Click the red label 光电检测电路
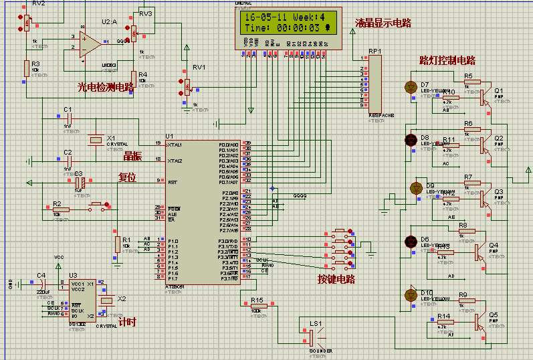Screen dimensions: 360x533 pyautogui.click(x=106, y=86)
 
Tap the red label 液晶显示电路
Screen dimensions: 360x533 pyautogui.click(x=383, y=23)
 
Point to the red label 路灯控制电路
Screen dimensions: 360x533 pyautogui.click(x=446, y=61)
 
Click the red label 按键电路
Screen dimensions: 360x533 pyautogui.click(x=336, y=278)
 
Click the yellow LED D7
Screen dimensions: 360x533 pyautogui.click(x=411, y=87)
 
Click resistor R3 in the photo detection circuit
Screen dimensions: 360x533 pyautogui.click(x=27, y=67)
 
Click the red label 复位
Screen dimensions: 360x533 pyautogui.click(x=127, y=178)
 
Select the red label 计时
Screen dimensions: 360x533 pyautogui.click(x=126, y=322)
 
